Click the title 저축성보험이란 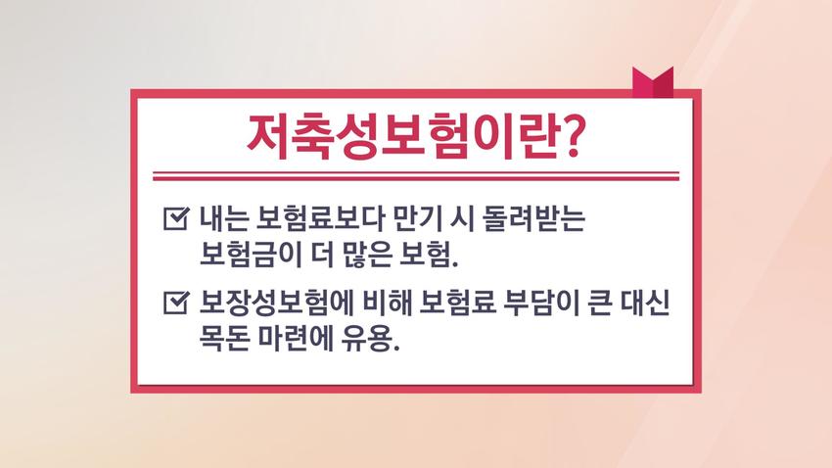coord(402,137)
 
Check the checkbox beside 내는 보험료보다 coord(176,218)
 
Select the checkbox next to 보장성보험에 coord(176,303)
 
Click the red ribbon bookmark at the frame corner coord(653,82)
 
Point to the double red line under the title coord(416,176)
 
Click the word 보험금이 coord(250,255)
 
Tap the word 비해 coord(388,303)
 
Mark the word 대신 coord(645,303)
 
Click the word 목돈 coord(224,338)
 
